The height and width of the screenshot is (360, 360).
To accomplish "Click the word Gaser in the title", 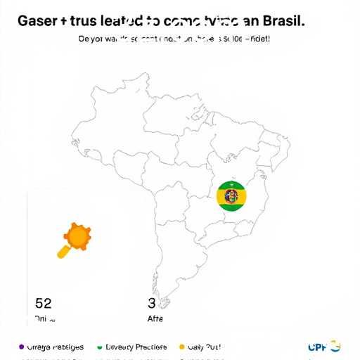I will pos(37,20).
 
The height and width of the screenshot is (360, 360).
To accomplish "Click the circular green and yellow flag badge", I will pos(231,195).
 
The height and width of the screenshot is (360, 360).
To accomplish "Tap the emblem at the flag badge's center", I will pos(231,195).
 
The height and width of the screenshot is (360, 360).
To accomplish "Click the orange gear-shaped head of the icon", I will pos(77,236).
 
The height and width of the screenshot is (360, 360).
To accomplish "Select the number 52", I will pos(43,304).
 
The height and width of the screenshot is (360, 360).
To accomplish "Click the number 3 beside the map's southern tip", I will pos(151,304).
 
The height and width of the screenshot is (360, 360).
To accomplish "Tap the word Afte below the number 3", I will pos(155,319).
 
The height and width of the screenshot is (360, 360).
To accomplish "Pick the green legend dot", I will pos(99,347).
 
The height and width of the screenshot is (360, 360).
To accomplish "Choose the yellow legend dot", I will pos(181,347).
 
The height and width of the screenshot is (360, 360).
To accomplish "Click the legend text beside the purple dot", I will pos(55,347).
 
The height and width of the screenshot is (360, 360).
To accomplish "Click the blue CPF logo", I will pos(323,346).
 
